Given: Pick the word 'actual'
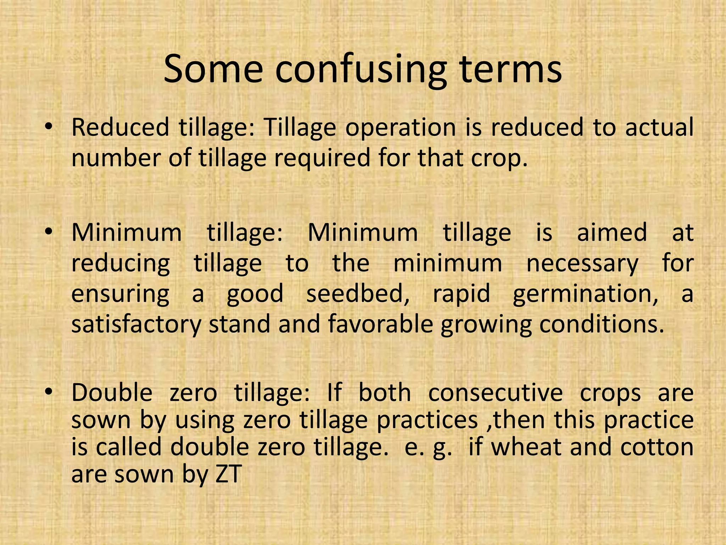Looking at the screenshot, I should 659,127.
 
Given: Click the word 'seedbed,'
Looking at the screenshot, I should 358,294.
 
